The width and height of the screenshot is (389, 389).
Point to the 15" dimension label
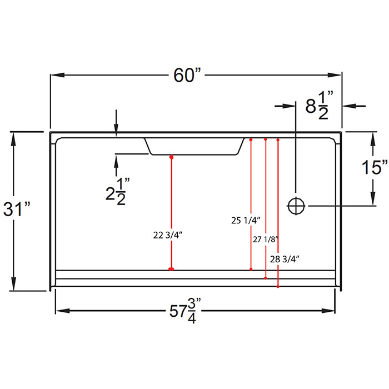point(372,167)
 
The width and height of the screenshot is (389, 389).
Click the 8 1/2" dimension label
point(319,105)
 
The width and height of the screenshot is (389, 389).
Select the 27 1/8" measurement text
point(265,240)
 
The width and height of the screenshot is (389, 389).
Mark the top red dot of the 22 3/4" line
point(171,158)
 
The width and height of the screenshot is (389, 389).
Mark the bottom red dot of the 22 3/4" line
point(171,270)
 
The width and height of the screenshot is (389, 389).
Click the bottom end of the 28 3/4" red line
point(277,287)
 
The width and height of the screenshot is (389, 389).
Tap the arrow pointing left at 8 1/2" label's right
point(347,105)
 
